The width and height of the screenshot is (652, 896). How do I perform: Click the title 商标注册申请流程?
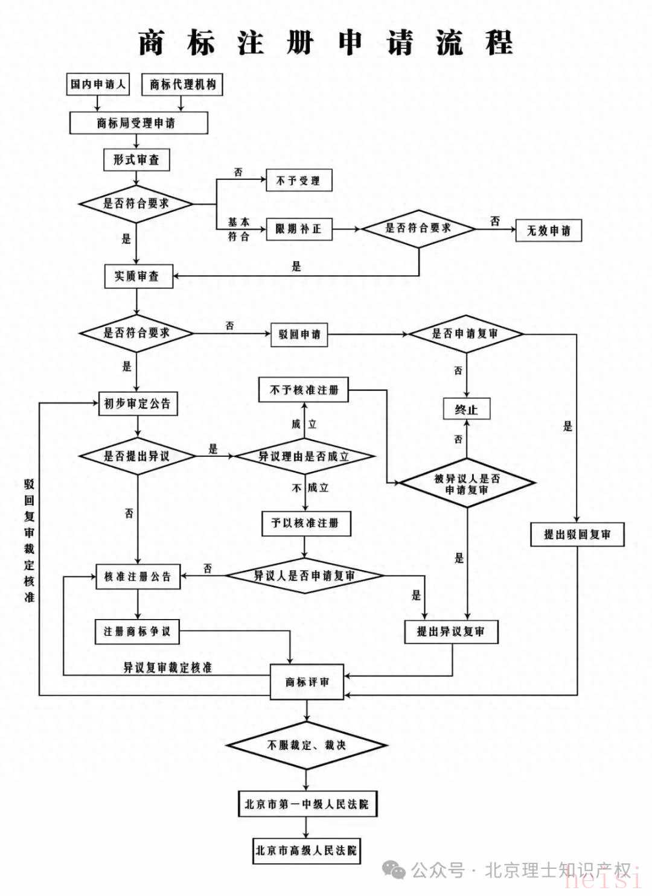click(326, 43)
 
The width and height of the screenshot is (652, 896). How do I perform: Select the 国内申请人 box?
click(98, 84)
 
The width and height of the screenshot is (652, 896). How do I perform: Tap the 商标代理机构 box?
click(182, 84)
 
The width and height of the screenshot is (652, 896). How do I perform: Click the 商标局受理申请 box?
click(138, 123)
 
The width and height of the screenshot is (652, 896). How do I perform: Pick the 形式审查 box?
click(136, 160)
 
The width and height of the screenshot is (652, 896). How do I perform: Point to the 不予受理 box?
click(298, 180)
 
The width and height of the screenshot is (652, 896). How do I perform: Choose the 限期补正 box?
click(299, 229)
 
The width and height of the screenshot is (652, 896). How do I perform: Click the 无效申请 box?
click(548, 230)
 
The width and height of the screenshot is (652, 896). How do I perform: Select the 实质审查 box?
click(138, 276)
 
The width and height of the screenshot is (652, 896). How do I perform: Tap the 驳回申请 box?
click(299, 334)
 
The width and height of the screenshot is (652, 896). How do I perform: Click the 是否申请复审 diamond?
click(465, 334)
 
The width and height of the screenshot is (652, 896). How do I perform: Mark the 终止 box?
click(466, 410)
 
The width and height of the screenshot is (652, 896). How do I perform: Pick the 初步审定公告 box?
click(138, 404)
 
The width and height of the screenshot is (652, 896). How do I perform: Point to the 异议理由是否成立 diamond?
click(304, 456)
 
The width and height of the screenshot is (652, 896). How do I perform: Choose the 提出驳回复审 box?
click(577, 535)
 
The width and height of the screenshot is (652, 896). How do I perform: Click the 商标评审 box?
click(307, 682)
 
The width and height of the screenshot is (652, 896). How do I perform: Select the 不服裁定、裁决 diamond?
click(307, 745)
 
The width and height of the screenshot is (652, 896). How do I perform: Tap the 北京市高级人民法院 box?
click(306, 851)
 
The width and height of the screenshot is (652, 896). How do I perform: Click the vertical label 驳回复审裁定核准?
click(30, 541)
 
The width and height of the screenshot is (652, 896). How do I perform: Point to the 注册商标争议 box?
click(137, 632)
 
